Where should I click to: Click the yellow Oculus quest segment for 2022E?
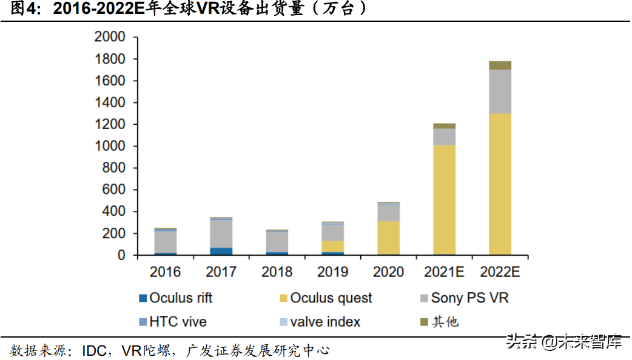[500, 184]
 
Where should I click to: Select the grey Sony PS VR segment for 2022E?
[500, 92]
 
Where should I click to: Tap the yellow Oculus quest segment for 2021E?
[444, 199]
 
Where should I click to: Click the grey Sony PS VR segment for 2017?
[221, 233]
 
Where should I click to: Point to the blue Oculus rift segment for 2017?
[221, 251]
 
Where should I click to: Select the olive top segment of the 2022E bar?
[500, 65]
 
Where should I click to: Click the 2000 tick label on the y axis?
[110, 38]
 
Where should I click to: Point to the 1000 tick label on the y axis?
[110, 147]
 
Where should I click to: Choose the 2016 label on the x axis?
[166, 272]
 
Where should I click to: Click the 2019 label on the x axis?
[332, 272]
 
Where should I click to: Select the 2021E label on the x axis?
[444, 272]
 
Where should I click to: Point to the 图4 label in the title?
[23, 9]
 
